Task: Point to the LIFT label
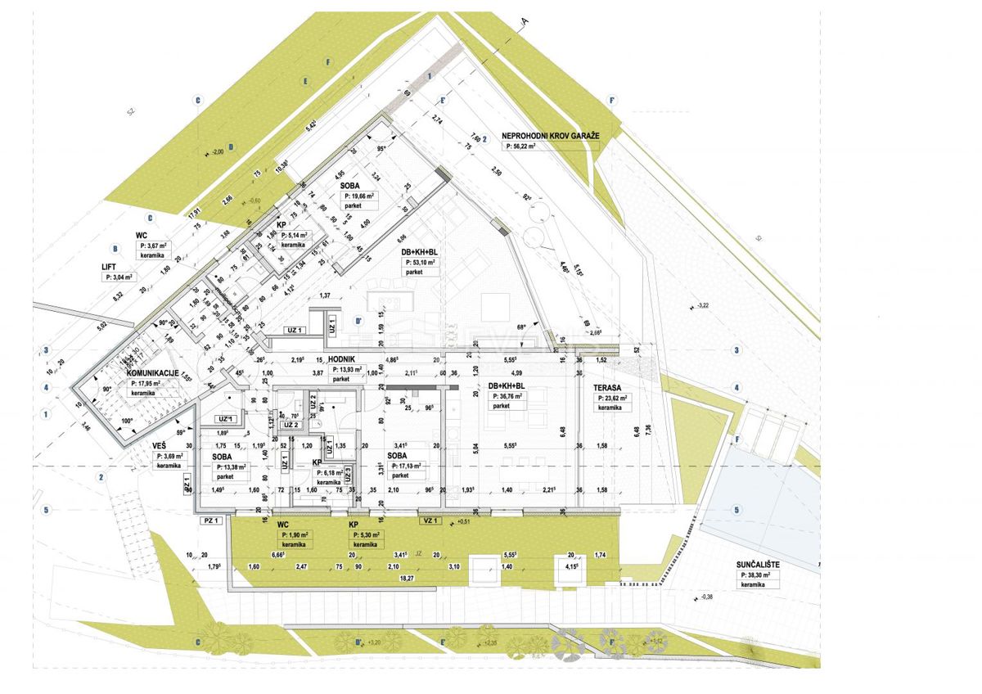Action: [x=114, y=266]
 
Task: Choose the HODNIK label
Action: [x=341, y=359]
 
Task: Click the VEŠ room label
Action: [x=160, y=445]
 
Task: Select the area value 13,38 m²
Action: [x=236, y=466]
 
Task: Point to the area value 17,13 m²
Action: [x=413, y=466]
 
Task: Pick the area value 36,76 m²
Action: [x=512, y=397]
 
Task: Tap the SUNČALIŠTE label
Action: [x=761, y=565]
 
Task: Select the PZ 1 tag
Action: [x=212, y=520]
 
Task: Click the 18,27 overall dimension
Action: [x=406, y=578]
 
